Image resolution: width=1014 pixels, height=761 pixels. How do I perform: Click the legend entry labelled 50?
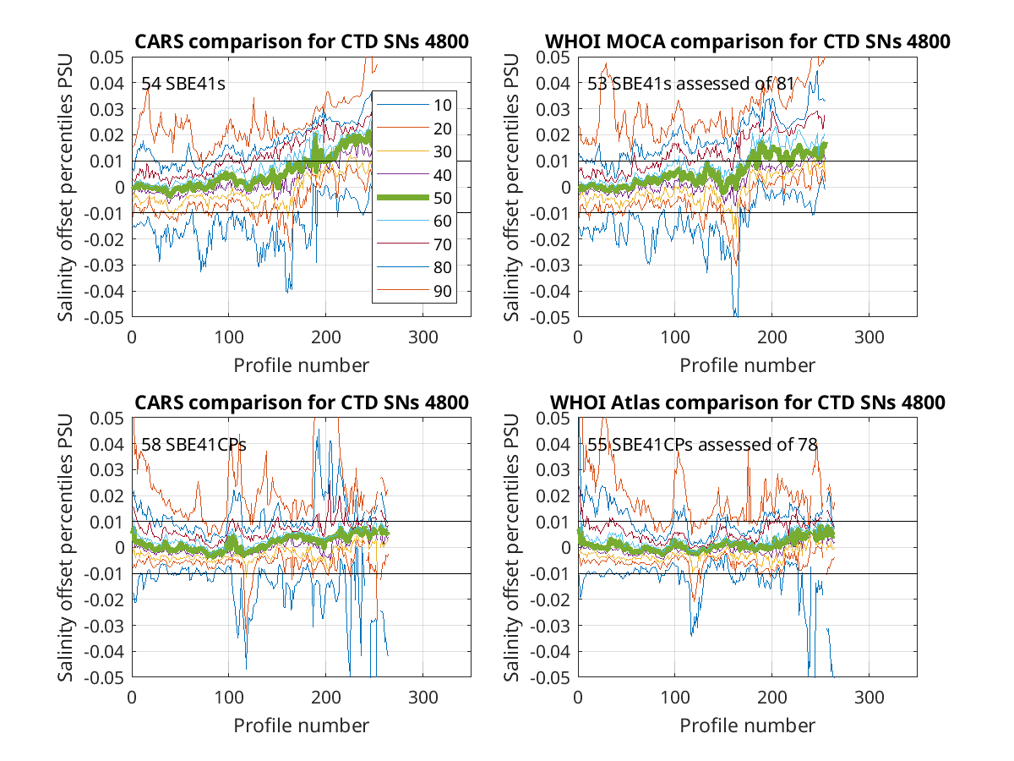pyautogui.click(x=414, y=198)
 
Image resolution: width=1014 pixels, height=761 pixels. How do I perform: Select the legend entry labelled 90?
pyautogui.click(x=414, y=291)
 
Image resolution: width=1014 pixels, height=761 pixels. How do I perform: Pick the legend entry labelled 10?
pyautogui.click(x=414, y=106)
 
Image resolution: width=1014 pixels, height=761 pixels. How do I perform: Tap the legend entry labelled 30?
pyautogui.click(x=414, y=151)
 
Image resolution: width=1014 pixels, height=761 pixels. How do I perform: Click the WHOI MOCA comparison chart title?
pyautogui.click(x=748, y=41)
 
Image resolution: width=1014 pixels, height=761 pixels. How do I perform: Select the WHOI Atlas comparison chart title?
pyautogui.click(x=748, y=402)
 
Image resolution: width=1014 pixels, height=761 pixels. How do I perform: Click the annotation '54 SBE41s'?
pyautogui.click(x=183, y=84)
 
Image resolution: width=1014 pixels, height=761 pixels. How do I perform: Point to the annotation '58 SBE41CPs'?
pyautogui.click(x=194, y=445)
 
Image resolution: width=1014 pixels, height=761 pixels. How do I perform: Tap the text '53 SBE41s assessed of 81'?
pyautogui.click(x=690, y=84)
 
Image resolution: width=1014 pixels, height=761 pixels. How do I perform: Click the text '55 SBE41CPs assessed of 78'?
pyautogui.click(x=702, y=445)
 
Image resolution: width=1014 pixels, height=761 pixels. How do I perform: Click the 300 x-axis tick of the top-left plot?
pyautogui.click(x=422, y=337)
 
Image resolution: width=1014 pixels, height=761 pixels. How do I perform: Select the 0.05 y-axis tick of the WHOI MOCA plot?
pyautogui.click(x=553, y=57)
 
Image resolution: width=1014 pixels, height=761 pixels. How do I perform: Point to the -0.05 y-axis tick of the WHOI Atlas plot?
pyautogui.click(x=550, y=678)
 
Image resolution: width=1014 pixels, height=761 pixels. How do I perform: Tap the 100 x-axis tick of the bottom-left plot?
pyautogui.click(x=229, y=698)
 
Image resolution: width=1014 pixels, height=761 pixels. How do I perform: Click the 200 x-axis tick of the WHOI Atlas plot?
pyautogui.click(x=771, y=698)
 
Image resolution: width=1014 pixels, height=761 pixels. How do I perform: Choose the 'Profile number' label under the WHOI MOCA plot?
pyautogui.click(x=747, y=365)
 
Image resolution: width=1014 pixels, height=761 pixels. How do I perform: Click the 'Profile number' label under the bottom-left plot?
pyautogui.click(x=301, y=725)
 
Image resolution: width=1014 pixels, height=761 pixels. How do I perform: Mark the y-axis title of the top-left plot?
pyautogui.click(x=65, y=187)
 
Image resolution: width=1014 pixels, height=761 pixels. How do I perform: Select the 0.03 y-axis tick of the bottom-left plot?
pyautogui.click(x=107, y=470)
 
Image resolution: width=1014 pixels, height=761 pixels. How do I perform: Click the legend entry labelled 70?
pyautogui.click(x=414, y=244)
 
